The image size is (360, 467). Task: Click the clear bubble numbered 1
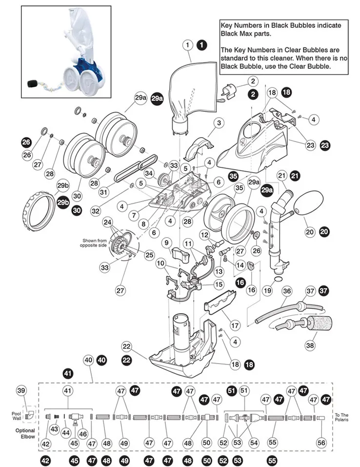click(187, 45)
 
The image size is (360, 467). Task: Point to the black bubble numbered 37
click(324, 291)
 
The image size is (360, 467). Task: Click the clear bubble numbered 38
click(310, 345)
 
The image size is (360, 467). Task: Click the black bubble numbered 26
click(26, 142)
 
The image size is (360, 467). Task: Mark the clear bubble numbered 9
click(166, 242)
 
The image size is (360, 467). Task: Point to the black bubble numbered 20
click(324, 233)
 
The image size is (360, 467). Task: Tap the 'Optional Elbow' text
click(25, 433)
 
